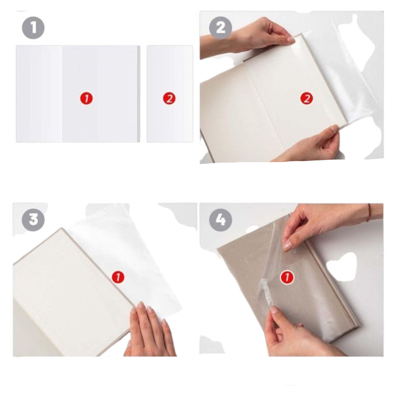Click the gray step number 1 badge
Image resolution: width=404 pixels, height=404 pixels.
(33, 28)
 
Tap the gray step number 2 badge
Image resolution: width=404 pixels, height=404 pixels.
(220, 28)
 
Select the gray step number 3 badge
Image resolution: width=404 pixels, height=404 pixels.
(33, 219)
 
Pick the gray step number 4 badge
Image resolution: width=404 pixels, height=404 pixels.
(220, 219)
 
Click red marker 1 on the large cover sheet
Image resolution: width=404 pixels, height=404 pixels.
(86, 99)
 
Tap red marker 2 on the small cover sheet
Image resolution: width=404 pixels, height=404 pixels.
(169, 99)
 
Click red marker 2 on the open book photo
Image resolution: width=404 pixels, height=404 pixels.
(307, 99)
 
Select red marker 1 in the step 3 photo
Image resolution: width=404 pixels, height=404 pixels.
(118, 278)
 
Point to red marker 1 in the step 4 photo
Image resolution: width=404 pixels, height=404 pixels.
(287, 278)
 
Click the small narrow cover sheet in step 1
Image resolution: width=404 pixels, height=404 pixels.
(170, 94)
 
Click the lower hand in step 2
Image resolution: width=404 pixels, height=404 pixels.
(309, 144)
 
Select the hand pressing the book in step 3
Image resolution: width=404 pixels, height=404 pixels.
(149, 330)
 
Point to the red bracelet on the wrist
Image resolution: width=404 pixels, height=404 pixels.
(369, 213)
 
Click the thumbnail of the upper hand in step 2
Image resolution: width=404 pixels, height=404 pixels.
(290, 40)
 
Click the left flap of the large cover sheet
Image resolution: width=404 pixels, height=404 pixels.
(39, 94)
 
